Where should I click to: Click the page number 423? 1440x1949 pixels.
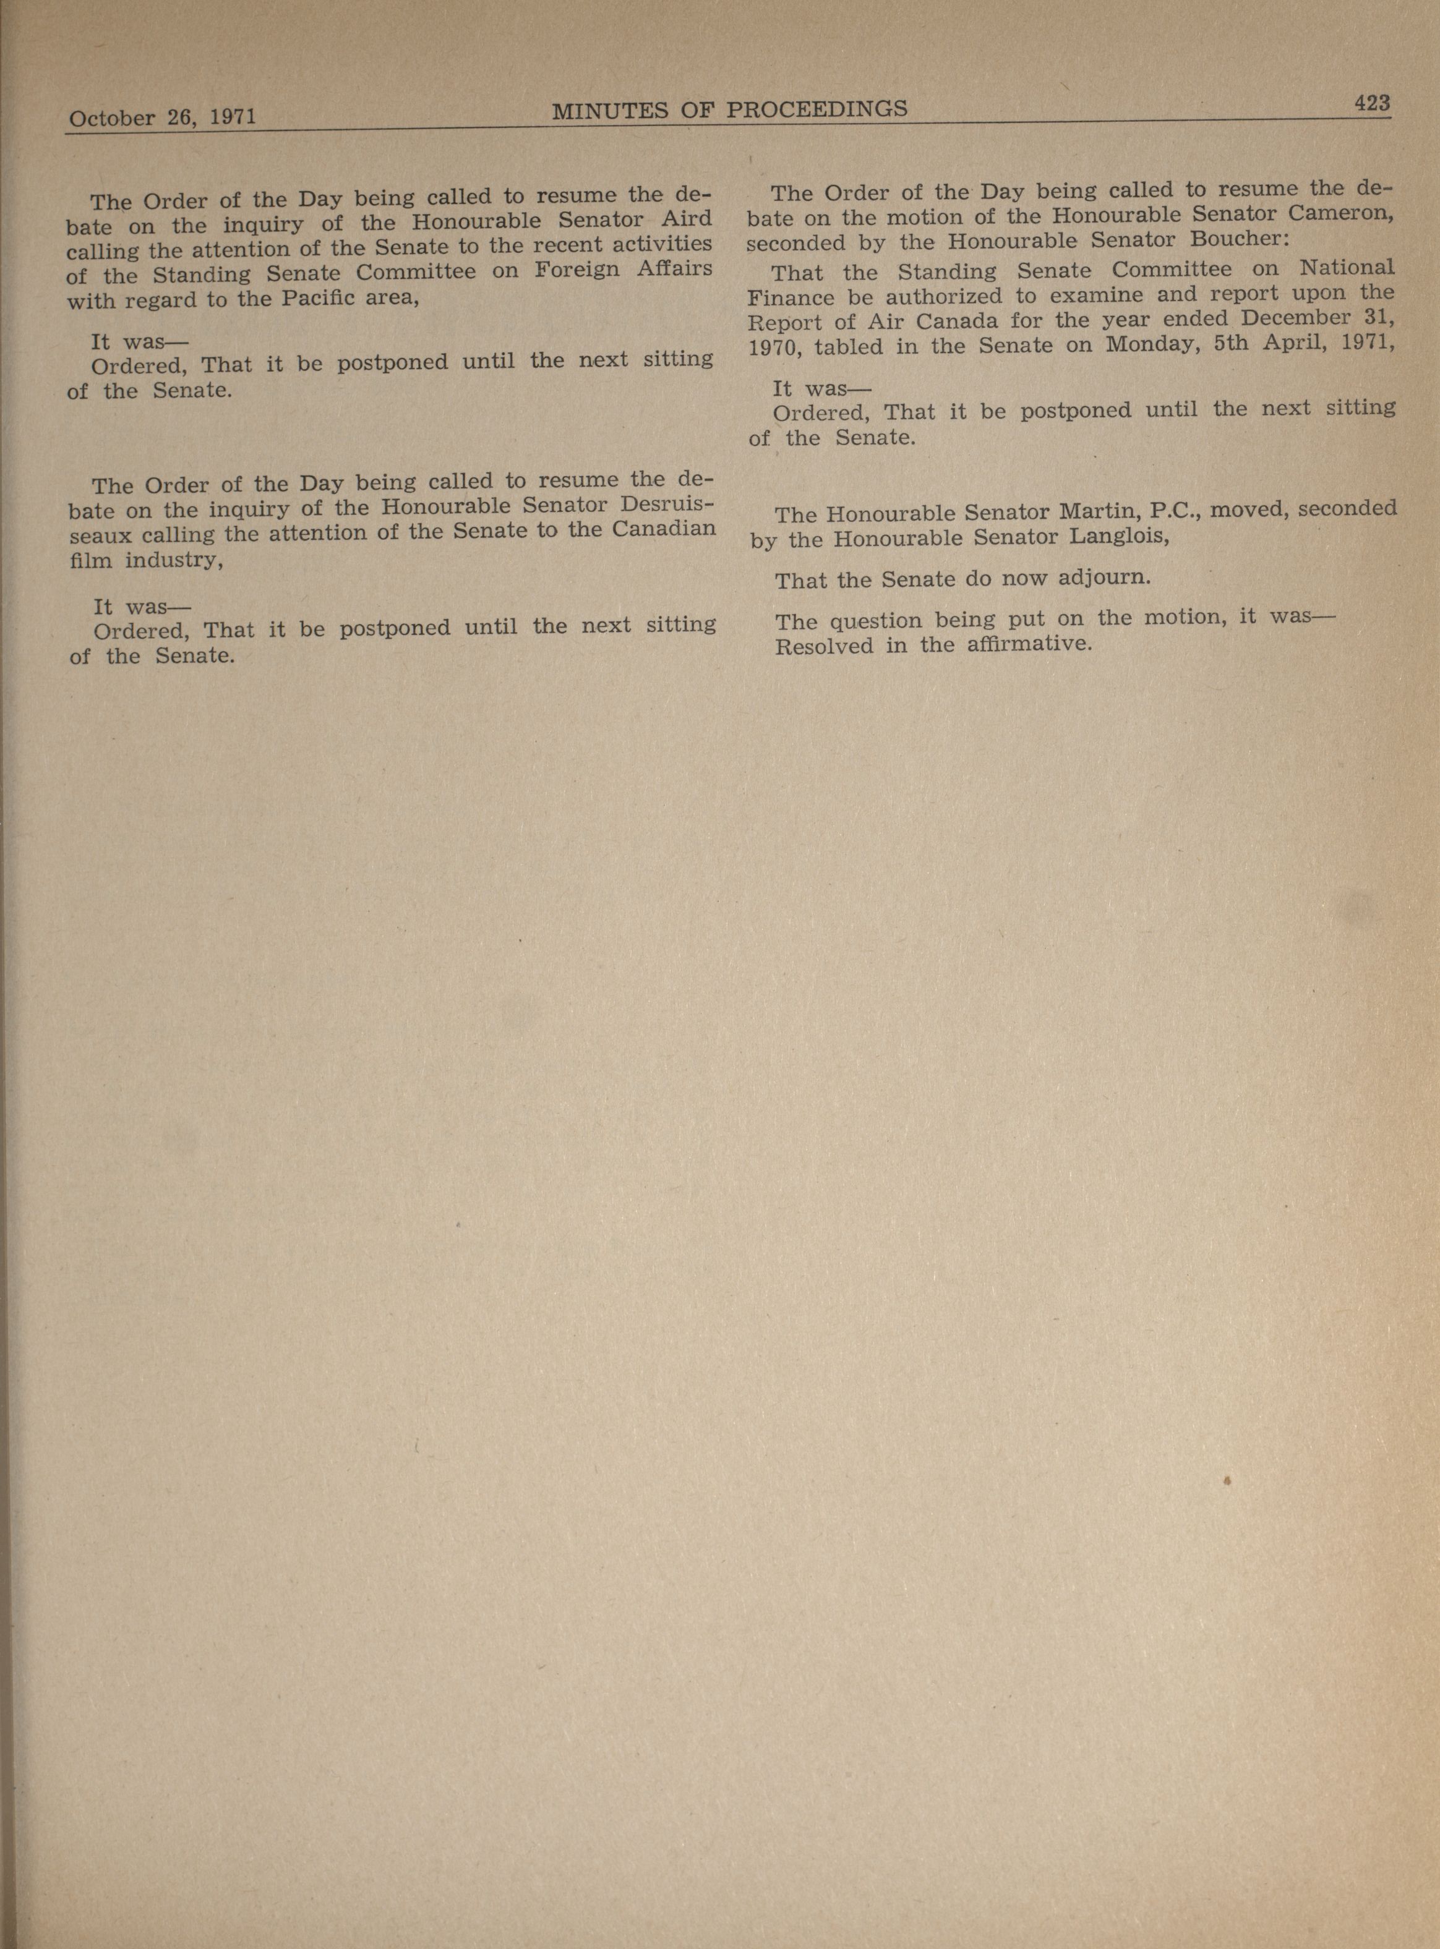click(x=1371, y=103)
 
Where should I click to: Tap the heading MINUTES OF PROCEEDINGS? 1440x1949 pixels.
click(x=730, y=109)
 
